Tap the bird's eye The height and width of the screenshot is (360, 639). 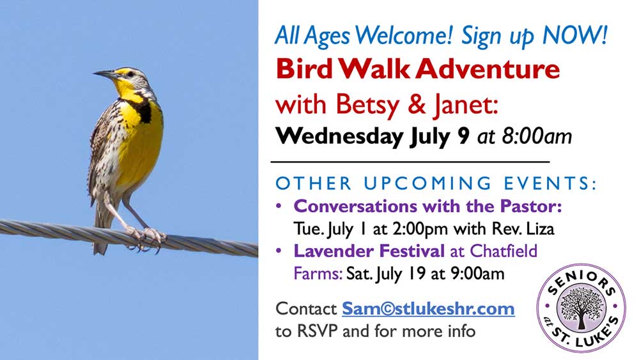[x=130, y=74]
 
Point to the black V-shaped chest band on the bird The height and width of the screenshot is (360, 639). [x=140, y=107]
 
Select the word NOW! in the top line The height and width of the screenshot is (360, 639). [x=575, y=35]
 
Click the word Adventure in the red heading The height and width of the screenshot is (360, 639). [x=488, y=69]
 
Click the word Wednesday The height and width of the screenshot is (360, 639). [x=339, y=136]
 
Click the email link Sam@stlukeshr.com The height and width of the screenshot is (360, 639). [x=428, y=309]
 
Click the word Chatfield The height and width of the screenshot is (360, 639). [x=504, y=251]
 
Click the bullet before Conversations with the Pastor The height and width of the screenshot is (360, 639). [x=279, y=206]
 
